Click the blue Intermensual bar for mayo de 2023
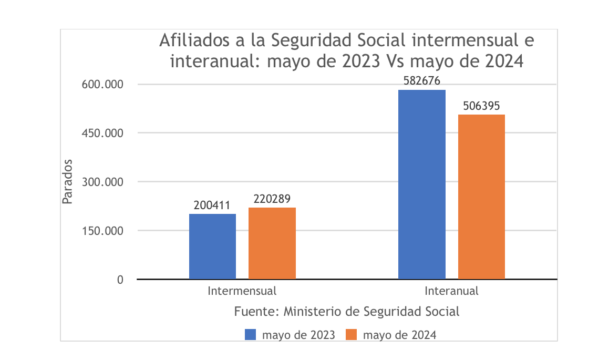point(212,246)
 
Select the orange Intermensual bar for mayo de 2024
point(272,243)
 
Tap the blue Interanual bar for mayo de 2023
point(421,184)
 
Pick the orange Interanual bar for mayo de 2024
point(481,197)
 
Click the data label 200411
point(212,205)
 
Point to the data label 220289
point(272,199)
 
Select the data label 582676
point(421,81)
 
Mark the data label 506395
point(481,106)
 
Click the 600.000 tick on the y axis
point(102,85)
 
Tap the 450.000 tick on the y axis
point(102,133)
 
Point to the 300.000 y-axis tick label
point(102,182)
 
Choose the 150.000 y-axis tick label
point(102,231)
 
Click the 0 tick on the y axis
point(120,280)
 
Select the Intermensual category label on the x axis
point(242,291)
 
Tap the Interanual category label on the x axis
point(451,291)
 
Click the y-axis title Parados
point(67,181)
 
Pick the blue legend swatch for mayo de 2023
point(251,335)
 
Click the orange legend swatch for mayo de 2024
point(351,335)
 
